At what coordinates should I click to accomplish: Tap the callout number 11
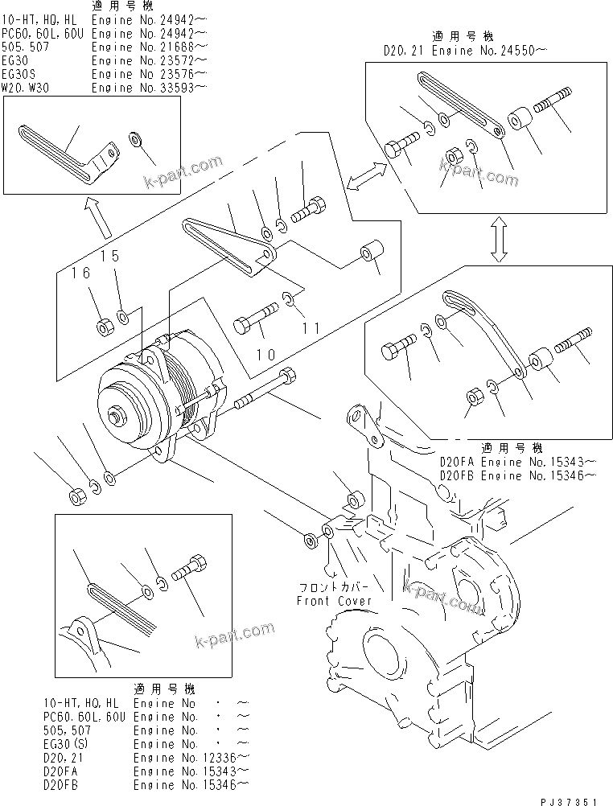[x=311, y=327]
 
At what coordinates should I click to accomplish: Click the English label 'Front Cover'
[x=334, y=601]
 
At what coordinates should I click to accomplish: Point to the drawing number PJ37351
[x=569, y=800]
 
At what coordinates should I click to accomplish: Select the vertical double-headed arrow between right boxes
[x=499, y=240]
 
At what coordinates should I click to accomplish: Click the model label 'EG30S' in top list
[x=19, y=74]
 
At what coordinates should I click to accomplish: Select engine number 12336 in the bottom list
[x=191, y=757]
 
